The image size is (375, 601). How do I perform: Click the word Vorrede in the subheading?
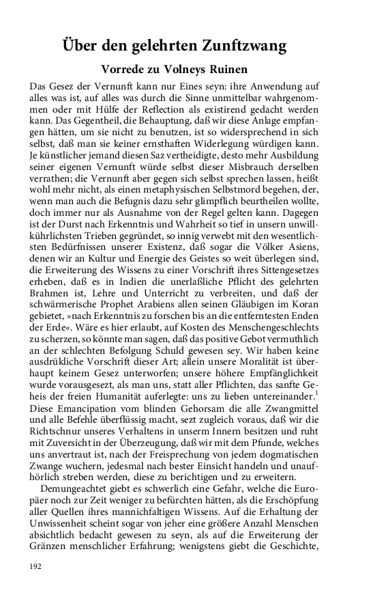tap(125, 70)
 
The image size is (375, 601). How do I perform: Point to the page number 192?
tap(37, 565)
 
